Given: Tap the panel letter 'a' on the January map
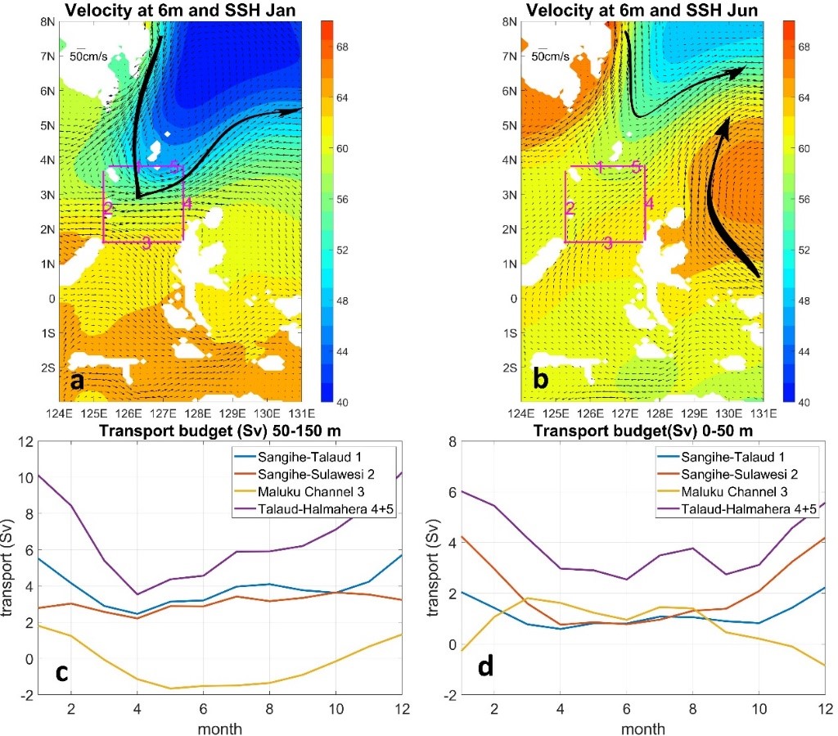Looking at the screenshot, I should [77, 381].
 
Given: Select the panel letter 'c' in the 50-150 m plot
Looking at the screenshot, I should [62, 671].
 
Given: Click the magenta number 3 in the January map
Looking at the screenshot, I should [146, 242].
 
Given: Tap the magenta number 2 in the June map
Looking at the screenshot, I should [570, 209].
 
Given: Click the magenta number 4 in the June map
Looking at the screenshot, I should [648, 203].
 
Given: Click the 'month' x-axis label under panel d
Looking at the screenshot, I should [643, 728].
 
